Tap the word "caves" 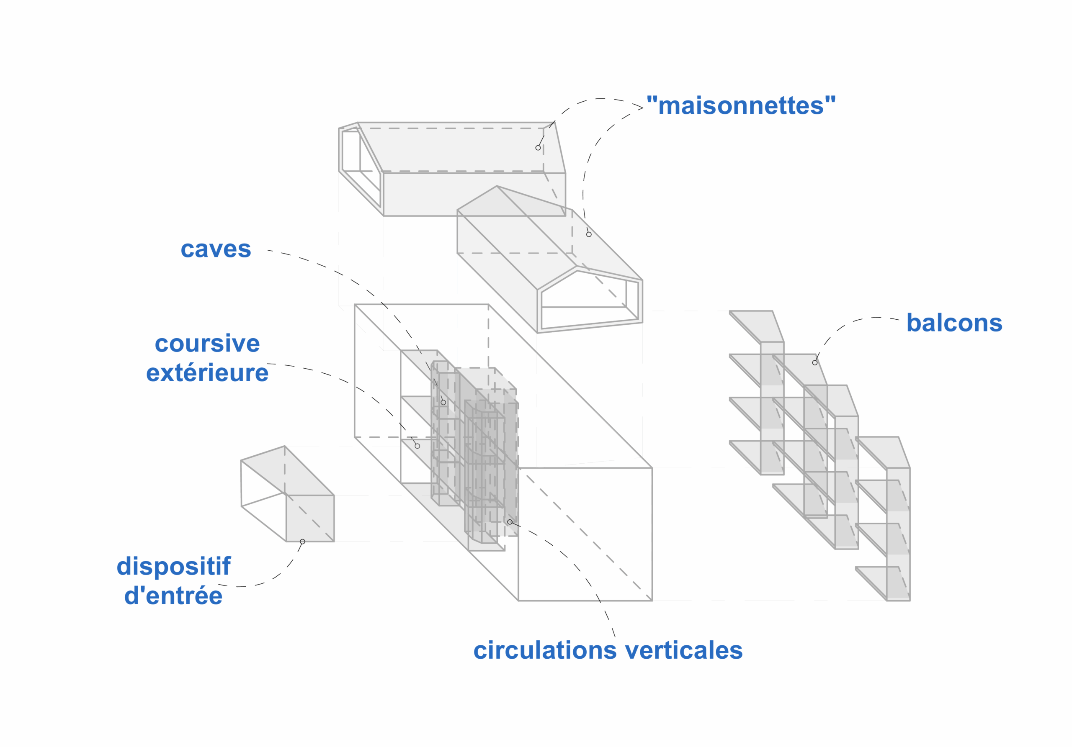point(216,249)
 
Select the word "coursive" point(207,344)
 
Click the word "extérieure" point(207,373)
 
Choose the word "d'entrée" point(173,596)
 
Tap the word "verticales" point(683,650)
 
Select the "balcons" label point(954,323)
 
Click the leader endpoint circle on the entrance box point(303,542)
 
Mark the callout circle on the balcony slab point(815,362)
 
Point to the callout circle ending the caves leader point(443,402)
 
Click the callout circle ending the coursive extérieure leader point(417,446)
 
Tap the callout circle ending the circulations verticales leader point(510,521)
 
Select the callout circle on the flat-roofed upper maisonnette point(538,148)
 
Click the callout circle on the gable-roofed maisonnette point(589,234)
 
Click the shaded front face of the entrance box point(310,518)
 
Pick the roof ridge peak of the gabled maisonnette point(497,186)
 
